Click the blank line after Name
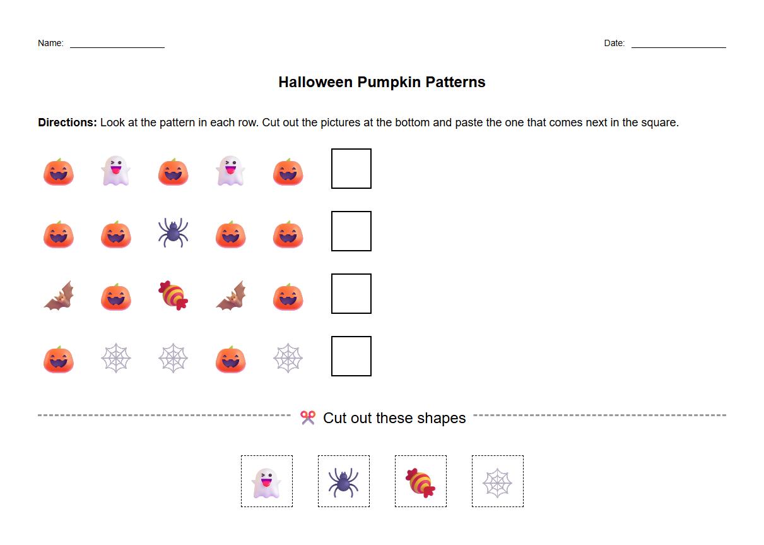(x=117, y=46)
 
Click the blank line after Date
(x=678, y=46)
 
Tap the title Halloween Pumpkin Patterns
(x=382, y=82)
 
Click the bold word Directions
(x=68, y=123)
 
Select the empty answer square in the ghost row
(x=351, y=169)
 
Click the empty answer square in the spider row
(x=351, y=231)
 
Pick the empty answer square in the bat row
(x=351, y=294)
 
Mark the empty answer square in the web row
(x=351, y=356)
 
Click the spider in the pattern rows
(x=173, y=232)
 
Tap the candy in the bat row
(x=173, y=295)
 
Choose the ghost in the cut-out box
(x=266, y=482)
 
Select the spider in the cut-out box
(x=343, y=482)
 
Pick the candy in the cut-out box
(x=421, y=482)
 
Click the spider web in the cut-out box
(x=497, y=482)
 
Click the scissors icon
(x=307, y=417)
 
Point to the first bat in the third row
(x=59, y=296)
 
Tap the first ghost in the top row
(x=116, y=171)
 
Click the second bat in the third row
(x=231, y=296)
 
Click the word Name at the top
(x=50, y=43)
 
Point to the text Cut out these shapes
(x=394, y=418)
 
